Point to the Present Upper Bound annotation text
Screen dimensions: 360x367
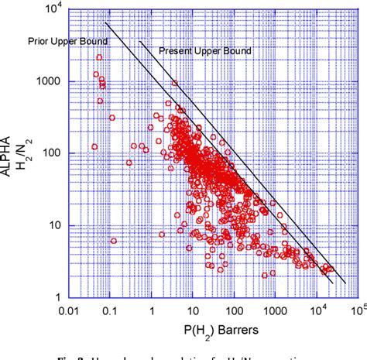[x=206, y=51]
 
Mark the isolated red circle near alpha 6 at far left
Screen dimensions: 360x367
[x=114, y=241]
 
